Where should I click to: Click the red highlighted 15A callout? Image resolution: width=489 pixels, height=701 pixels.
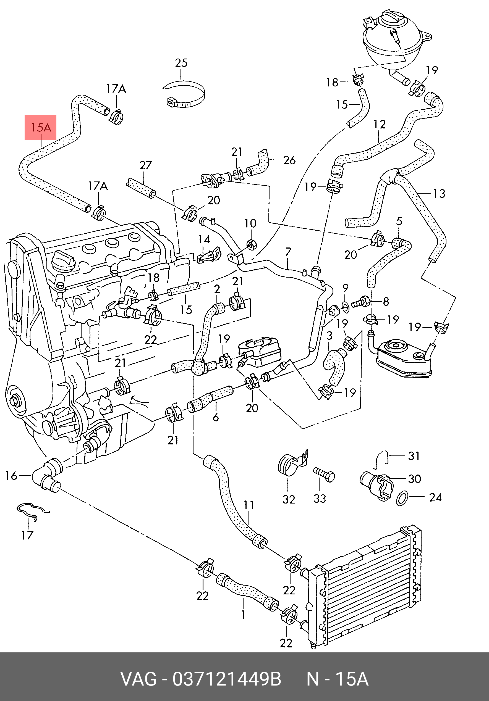pos(41,127)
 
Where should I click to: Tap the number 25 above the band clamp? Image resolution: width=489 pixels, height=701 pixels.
pos(181,63)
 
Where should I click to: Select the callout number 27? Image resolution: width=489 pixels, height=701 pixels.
pos(145,165)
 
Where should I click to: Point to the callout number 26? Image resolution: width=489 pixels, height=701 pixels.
pos(289,160)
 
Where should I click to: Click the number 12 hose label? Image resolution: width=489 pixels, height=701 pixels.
pos(380,124)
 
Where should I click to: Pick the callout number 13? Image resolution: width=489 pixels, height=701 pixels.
pos(439,193)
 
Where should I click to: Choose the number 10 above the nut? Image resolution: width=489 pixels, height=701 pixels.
pos(250,223)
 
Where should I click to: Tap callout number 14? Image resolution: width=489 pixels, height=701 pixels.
pos(204,239)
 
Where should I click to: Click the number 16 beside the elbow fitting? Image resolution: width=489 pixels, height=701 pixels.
pos(11,476)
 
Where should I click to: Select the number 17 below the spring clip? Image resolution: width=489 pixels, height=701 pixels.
pos(27,535)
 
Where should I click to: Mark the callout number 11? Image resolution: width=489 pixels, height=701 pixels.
pos(249,505)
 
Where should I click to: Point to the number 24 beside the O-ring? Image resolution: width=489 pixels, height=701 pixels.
pos(435,497)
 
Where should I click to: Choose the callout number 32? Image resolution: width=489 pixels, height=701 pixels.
pos(289,499)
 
